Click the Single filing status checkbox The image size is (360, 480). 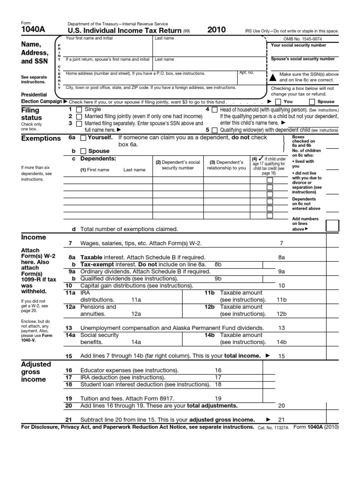[x=79, y=109]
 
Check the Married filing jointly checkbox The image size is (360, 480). [x=79, y=116]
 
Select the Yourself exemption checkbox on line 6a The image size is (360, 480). [x=83, y=138]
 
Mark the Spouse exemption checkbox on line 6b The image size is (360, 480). [x=83, y=151]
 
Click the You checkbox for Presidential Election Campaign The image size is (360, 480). [x=278, y=101]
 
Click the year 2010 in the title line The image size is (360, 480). [x=217, y=30]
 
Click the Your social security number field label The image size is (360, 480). [x=298, y=45]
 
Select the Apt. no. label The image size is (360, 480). [x=246, y=73]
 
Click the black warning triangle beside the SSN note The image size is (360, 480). [x=273, y=76]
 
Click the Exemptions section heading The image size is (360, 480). [x=41, y=139]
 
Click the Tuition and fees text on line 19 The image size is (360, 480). [x=103, y=398]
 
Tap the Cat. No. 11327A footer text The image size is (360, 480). [x=273, y=428]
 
